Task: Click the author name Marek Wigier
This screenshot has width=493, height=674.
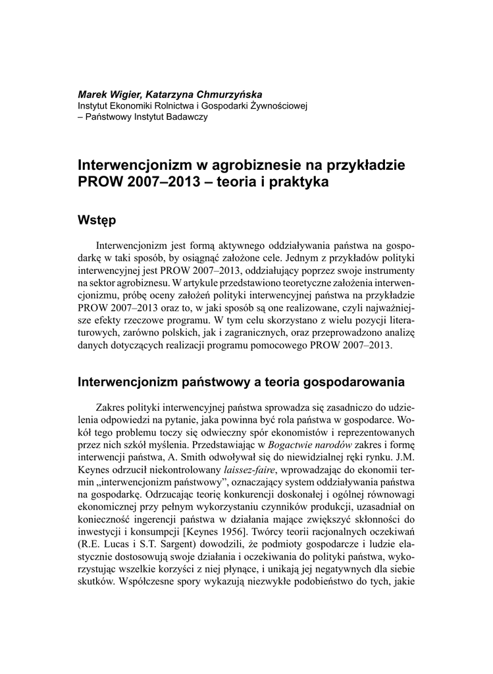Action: tap(106, 94)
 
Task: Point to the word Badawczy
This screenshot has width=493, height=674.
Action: tap(187, 117)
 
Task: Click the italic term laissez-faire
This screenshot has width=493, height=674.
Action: tap(251, 470)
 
